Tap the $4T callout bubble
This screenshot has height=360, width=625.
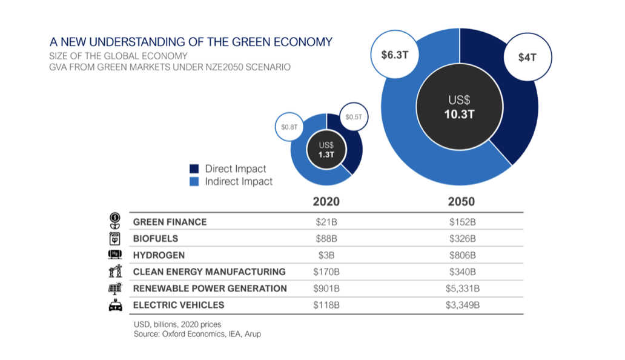point(526,58)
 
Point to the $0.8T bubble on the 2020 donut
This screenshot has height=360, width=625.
point(289,127)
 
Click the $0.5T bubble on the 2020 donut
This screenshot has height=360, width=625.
point(353,116)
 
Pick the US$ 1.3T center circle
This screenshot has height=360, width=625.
point(326,149)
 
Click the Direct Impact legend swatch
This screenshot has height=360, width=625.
point(194,168)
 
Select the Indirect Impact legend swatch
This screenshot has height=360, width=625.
point(194,181)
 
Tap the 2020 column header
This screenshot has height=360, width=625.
point(326,201)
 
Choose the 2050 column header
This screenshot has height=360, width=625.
point(461,201)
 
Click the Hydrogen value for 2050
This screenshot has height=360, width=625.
point(462,255)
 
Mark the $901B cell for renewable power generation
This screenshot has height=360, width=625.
point(326,288)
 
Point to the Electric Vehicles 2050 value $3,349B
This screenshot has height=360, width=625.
point(462,305)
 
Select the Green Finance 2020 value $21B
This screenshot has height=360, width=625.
point(326,222)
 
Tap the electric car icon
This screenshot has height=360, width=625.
point(115,305)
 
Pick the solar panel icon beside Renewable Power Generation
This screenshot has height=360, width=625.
point(115,288)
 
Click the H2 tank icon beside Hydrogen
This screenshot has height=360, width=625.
point(115,255)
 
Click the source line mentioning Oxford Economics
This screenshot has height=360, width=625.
point(197,333)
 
